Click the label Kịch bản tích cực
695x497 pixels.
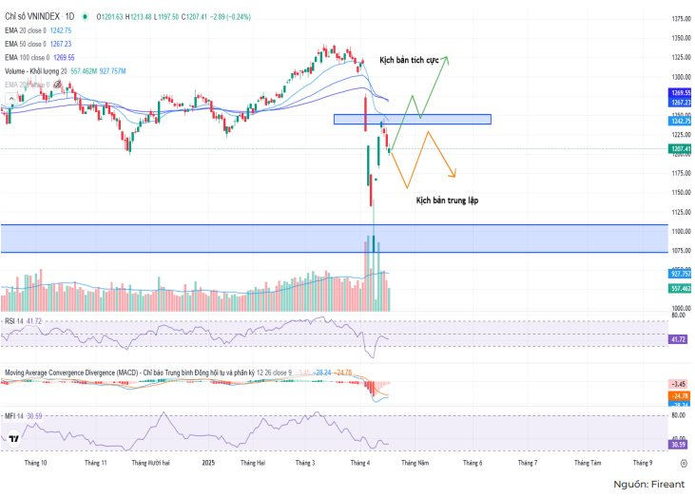(409, 59)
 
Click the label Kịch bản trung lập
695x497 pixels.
(446, 201)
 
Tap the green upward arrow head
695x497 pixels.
(445, 59)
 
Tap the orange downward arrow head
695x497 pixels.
(454, 174)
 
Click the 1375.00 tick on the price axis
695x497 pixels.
(681, 19)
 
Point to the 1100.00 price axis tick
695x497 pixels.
(681, 232)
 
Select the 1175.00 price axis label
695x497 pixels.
(681, 174)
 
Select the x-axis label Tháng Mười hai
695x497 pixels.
(150, 463)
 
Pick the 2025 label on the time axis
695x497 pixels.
(209, 463)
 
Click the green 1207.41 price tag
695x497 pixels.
(680, 149)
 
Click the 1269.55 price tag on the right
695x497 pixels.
(680, 92)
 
